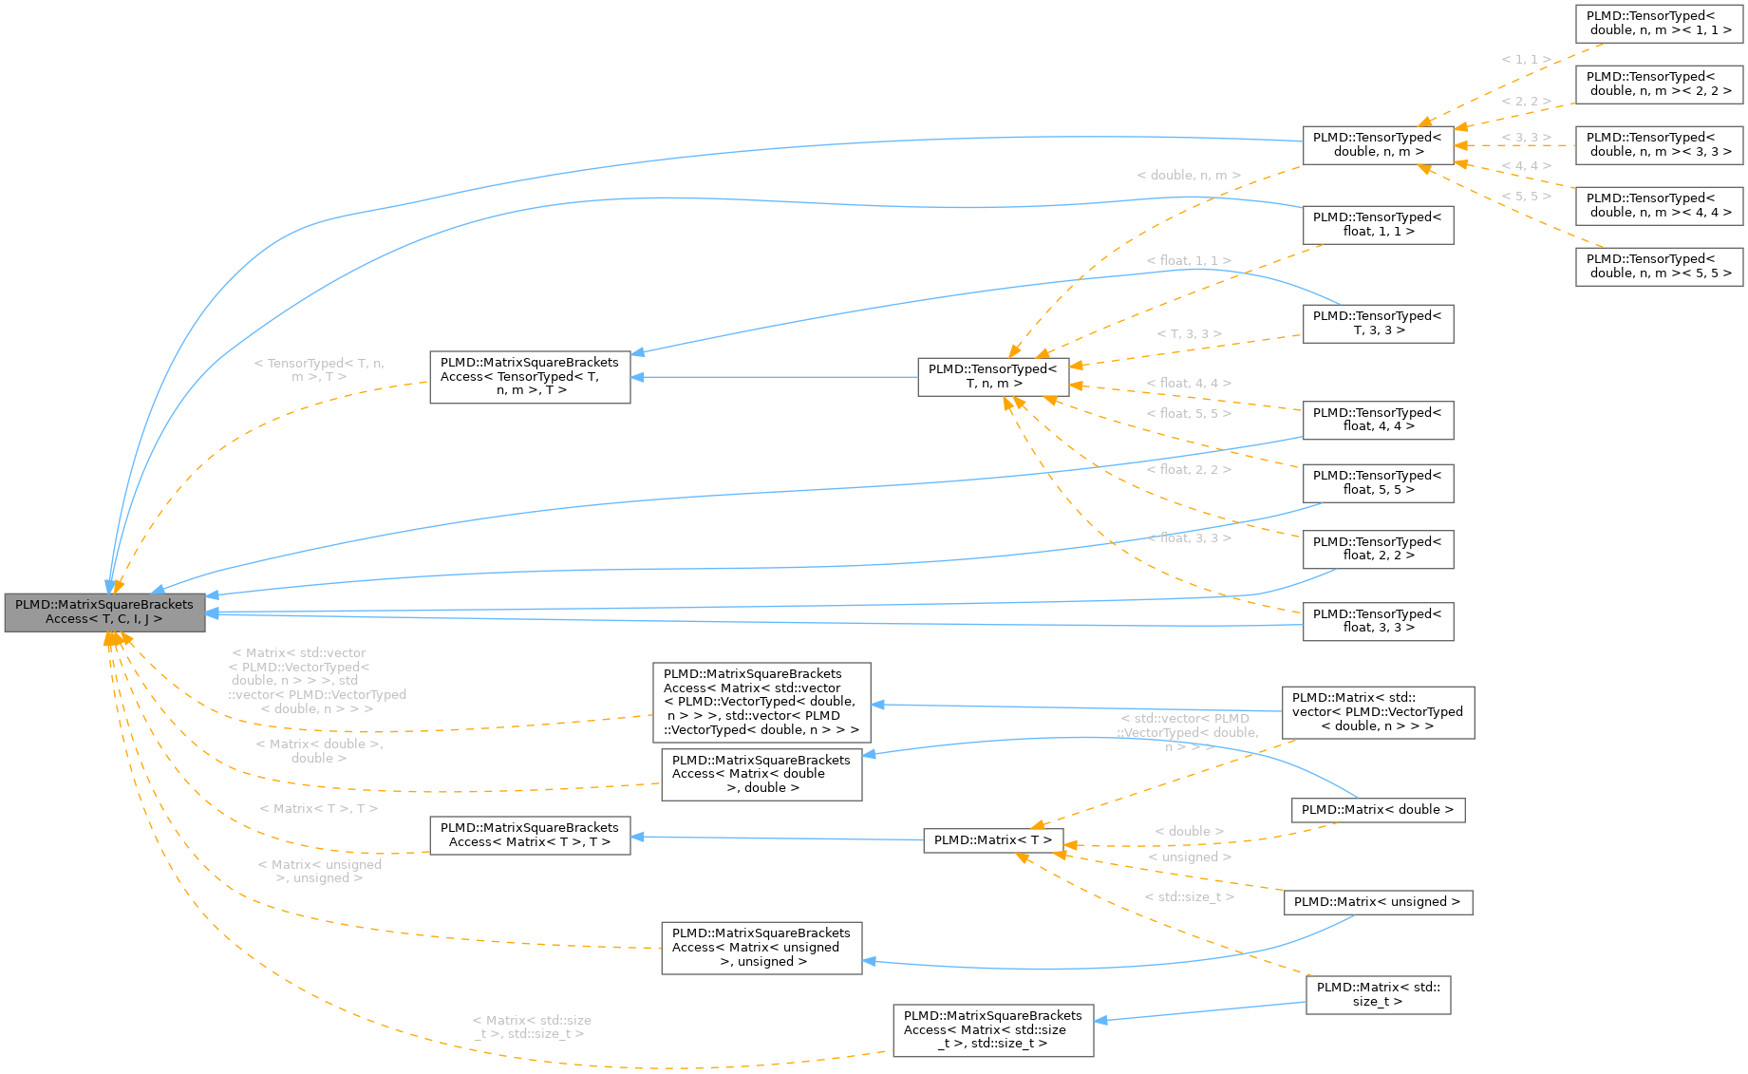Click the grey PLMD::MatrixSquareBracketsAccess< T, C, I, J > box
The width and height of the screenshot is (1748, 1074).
point(104,612)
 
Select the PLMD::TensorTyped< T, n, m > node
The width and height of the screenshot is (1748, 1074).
point(993,377)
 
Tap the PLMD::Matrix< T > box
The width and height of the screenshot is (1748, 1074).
point(993,840)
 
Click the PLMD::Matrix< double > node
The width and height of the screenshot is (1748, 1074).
point(1377,810)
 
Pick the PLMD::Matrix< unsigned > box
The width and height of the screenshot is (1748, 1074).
point(1377,902)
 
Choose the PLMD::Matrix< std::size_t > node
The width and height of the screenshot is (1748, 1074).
point(1378,994)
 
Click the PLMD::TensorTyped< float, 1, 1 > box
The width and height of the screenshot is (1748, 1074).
point(1378,225)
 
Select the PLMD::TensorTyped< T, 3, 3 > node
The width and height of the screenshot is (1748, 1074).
point(1378,324)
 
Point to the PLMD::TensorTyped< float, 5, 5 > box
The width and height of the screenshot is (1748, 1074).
point(1378,483)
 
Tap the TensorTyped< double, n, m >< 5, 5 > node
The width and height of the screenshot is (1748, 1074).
point(1659,267)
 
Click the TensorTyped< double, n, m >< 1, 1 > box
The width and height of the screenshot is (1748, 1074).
point(1659,24)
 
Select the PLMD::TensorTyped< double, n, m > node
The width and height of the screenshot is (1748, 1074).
point(1378,145)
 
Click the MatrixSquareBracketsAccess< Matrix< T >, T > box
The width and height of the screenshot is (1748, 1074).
point(530,836)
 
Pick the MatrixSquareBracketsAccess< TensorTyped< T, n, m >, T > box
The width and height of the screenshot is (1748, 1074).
point(530,377)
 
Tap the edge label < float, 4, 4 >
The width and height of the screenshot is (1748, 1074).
point(1189,384)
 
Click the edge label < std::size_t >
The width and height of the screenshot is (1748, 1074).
point(1190,897)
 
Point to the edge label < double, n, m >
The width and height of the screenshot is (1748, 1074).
point(1189,176)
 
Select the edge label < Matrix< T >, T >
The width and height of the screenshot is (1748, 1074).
point(319,809)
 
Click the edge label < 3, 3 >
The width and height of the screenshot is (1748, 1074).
point(1527,138)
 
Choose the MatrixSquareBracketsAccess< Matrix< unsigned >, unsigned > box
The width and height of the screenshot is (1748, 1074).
point(761,948)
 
